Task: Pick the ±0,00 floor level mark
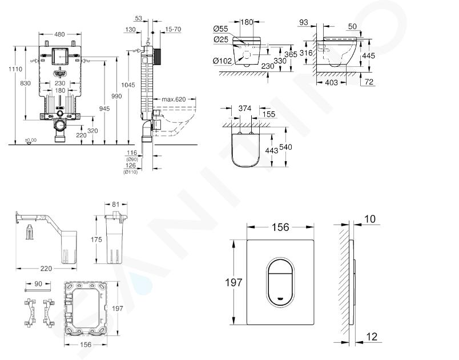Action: (30, 140)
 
